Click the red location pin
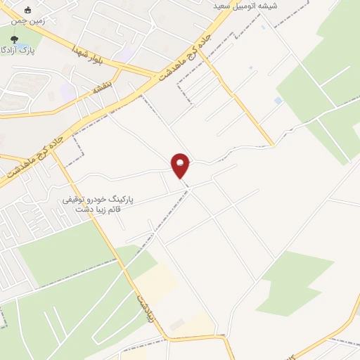click(x=181, y=165)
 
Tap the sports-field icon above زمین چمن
click(x=28, y=11)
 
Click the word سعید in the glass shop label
click(x=228, y=6)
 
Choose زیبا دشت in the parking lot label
click(x=87, y=210)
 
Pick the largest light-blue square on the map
click(x=278, y=101)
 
